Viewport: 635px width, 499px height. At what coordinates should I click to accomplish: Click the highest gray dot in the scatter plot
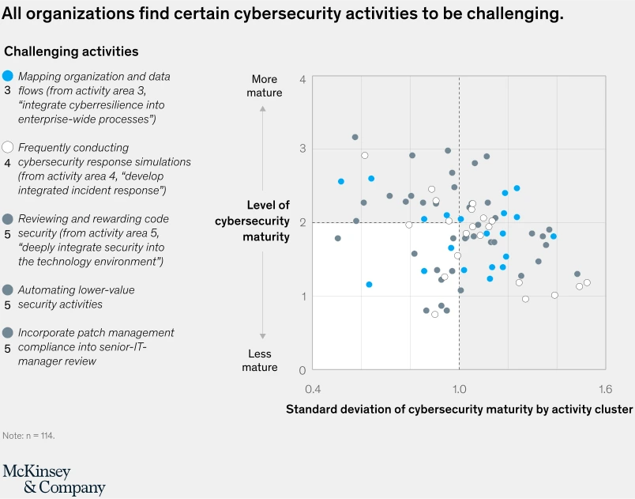355,137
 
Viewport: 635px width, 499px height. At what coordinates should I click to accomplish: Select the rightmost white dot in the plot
587,282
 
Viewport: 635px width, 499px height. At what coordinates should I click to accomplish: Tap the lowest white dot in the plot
434,314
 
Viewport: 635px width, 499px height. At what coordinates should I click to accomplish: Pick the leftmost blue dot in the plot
341,181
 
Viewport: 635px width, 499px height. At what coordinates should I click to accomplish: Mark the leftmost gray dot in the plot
338,238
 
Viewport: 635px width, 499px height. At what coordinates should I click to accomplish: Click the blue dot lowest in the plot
369,284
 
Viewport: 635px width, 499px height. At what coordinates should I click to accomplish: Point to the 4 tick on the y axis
302,79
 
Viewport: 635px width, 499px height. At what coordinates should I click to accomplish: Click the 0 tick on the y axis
302,370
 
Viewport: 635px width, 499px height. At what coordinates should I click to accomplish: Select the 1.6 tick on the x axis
605,389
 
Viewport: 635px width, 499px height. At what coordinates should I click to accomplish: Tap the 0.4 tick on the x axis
313,389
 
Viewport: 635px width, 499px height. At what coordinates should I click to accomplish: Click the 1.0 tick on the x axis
459,389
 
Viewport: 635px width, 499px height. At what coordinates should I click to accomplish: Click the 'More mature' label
264,85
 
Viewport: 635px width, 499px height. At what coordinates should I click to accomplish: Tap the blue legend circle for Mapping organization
8,76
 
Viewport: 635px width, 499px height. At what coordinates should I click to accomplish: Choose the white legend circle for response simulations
8,147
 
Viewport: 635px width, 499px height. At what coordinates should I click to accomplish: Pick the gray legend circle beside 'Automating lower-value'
8,289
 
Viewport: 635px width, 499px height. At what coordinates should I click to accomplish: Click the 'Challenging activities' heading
71,51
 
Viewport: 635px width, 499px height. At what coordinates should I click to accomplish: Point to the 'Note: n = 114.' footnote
28,436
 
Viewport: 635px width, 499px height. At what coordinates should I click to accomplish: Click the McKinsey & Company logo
54,479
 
